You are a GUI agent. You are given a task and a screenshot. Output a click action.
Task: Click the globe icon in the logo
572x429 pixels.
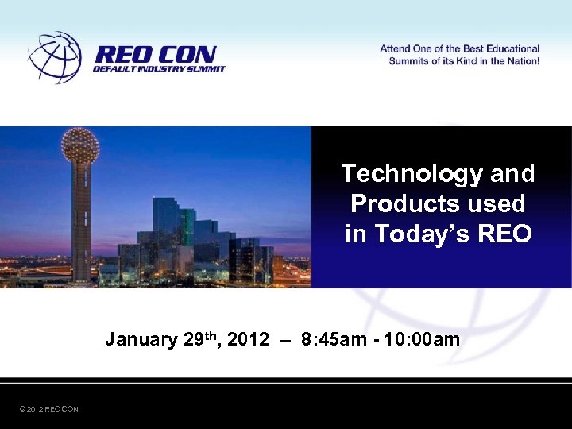55,57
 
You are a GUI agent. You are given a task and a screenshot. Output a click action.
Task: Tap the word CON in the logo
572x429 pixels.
186,55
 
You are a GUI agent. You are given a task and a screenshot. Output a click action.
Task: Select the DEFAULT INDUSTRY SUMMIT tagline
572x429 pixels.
159,69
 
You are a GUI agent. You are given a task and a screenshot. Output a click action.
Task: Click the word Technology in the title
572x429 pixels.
400,173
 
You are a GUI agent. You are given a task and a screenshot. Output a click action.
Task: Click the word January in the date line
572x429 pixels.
141,340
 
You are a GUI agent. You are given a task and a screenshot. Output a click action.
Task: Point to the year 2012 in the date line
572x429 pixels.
247,340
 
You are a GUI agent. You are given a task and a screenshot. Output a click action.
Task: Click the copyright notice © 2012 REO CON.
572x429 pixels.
49,409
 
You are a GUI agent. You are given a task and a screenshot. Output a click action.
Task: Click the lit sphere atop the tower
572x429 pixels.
79,145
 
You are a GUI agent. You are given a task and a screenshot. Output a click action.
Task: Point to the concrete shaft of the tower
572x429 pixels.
80,222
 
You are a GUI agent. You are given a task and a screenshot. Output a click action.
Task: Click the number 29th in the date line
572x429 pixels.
202,339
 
